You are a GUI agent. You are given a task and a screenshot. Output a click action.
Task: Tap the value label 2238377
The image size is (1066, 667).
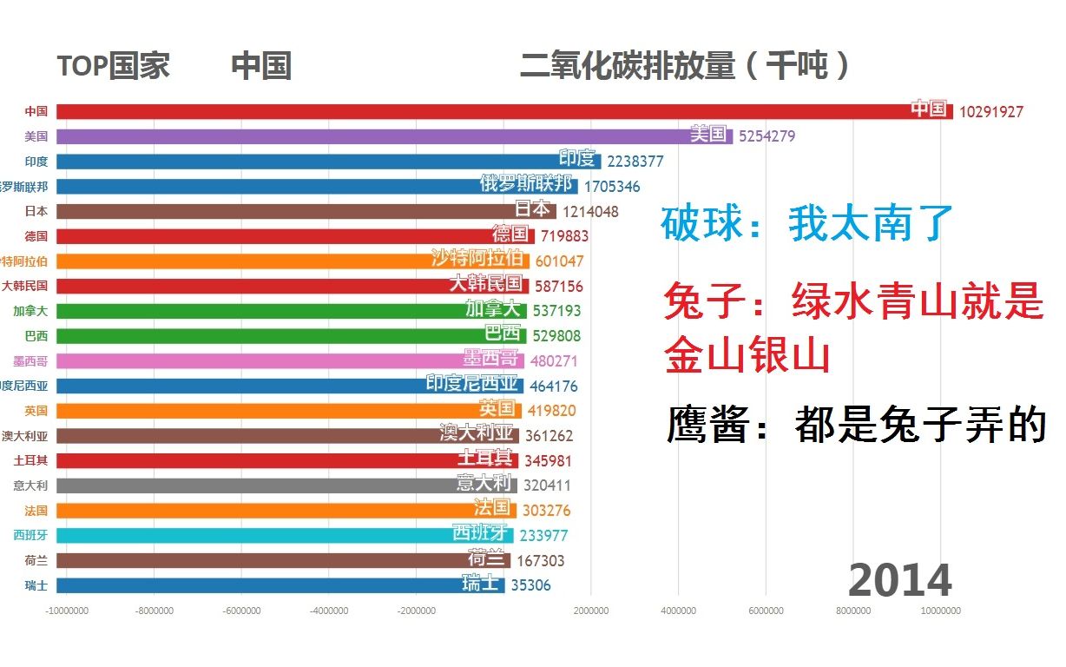click(x=635, y=162)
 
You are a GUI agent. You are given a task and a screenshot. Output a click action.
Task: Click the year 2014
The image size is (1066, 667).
click(x=899, y=580)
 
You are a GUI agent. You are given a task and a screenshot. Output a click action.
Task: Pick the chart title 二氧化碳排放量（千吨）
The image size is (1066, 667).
click(x=685, y=66)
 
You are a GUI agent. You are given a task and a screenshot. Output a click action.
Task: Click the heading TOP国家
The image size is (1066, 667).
click(x=113, y=66)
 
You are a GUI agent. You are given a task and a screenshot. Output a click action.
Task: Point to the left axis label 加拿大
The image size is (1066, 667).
click(x=30, y=311)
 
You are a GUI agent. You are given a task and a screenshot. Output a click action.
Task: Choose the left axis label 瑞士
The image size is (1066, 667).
click(x=36, y=585)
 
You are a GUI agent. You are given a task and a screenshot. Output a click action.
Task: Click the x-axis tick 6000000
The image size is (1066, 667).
click(x=766, y=611)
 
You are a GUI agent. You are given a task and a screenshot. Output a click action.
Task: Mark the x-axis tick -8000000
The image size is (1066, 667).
click(x=154, y=611)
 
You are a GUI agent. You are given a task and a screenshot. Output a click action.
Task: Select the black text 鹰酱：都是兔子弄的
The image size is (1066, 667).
click(x=856, y=426)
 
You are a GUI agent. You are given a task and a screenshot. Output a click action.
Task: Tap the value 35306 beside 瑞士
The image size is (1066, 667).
click(x=530, y=585)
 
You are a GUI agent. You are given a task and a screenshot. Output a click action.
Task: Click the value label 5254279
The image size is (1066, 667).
click(x=767, y=136)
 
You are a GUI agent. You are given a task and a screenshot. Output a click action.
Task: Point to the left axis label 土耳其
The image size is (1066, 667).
click(x=30, y=460)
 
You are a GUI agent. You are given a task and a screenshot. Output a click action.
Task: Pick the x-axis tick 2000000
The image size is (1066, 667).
click(x=591, y=611)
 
